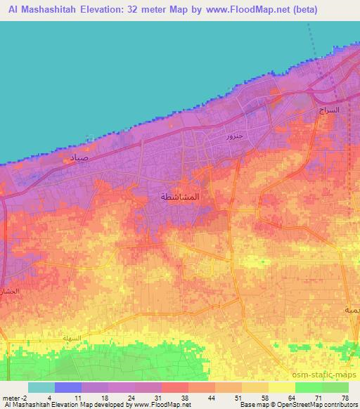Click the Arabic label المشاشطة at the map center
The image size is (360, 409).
pyautogui.click(x=180, y=197)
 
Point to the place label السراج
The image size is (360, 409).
pyautogui.click(x=328, y=110)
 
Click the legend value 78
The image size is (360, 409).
pyautogui.click(x=345, y=397)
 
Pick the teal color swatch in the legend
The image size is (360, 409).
pyautogui.click(x=41, y=387)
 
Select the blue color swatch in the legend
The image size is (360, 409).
pyautogui.click(x=68, y=387)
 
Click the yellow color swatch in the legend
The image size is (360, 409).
pyautogui.click(x=281, y=387)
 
